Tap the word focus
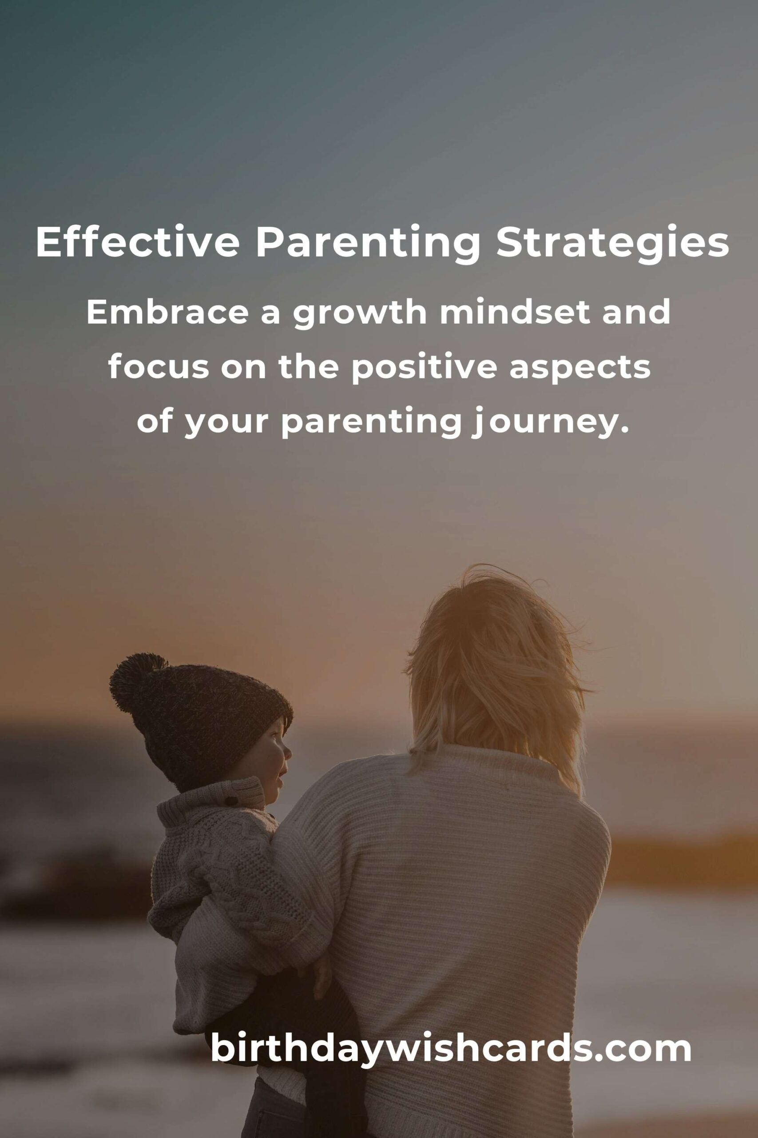tap(159, 367)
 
